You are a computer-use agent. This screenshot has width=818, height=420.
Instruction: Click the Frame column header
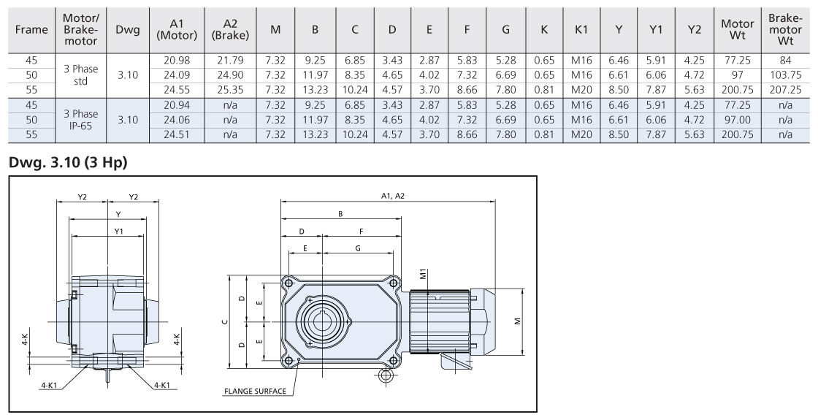pos(31,29)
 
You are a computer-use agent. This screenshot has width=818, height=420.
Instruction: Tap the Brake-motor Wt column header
pos(786,29)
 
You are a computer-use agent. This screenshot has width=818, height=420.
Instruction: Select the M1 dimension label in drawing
pos(424,275)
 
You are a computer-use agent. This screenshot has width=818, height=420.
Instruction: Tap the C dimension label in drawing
pos(226,322)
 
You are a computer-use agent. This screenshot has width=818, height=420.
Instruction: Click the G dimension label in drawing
pos(359,248)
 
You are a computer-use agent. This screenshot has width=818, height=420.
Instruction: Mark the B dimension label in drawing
pos(340,214)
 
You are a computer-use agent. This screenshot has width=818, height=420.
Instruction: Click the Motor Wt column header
pos(738,29)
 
